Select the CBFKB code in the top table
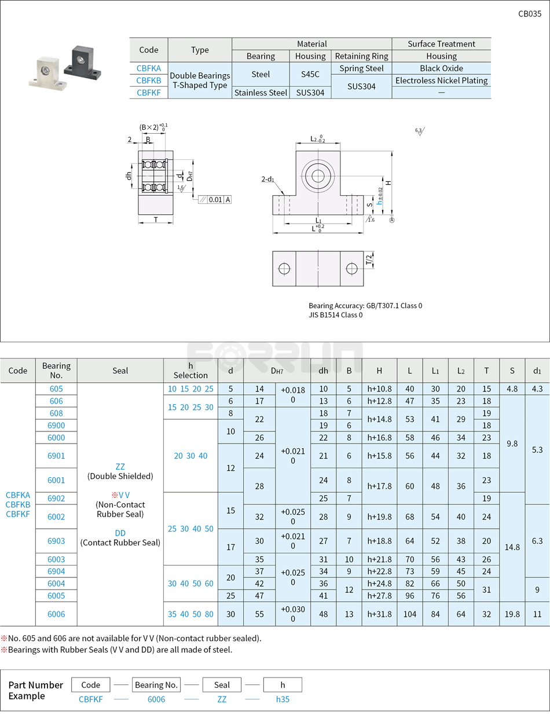tap(149, 80)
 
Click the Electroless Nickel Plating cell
tap(441, 80)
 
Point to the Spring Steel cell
tap(361, 68)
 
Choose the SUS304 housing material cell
tap(310, 93)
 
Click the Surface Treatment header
tap(441, 44)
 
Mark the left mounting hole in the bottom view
tap(284, 269)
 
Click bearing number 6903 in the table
tap(56, 541)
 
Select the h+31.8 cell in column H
tap(379, 614)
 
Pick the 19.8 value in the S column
tap(512, 614)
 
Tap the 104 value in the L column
tap(410, 614)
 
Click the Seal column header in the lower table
tap(120, 371)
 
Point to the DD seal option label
tap(120, 533)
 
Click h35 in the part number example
tap(283, 699)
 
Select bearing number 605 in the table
tap(56, 389)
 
